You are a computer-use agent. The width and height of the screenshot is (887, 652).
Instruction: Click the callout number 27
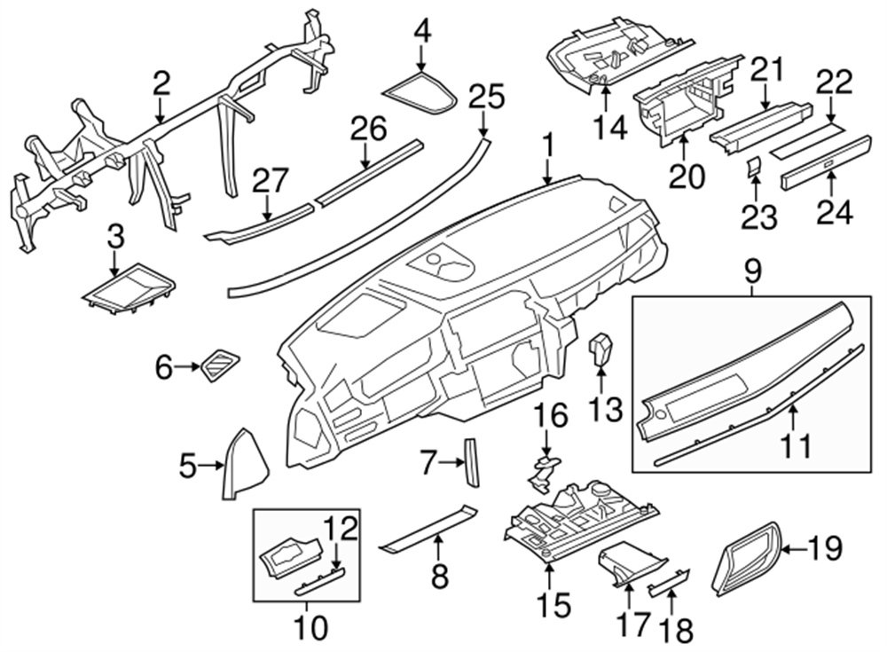pos(271,181)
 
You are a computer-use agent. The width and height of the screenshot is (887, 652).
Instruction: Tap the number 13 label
pos(605,408)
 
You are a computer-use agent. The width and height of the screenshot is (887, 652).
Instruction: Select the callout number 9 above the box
pos(751,271)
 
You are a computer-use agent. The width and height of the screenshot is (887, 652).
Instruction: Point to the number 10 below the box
pos(311,627)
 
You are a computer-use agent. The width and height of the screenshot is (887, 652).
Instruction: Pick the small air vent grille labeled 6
pos(218,365)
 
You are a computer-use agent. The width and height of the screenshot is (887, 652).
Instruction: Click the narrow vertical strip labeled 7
pos(471,461)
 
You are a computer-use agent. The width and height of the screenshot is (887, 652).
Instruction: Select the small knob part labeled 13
pos(601,350)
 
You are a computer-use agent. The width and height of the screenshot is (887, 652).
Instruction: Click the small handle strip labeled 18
pos(669,581)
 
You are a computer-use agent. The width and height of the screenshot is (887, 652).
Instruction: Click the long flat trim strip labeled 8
pos(428,528)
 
